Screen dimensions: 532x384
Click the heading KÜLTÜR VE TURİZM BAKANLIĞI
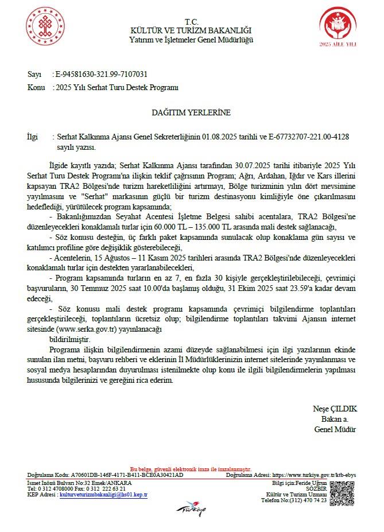[191, 30]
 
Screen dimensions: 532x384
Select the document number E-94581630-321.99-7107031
[100, 74]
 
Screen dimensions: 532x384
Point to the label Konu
[36, 88]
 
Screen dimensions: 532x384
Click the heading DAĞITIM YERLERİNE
[191, 112]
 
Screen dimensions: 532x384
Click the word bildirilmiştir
[70, 340]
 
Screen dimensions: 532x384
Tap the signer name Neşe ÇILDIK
[335, 409]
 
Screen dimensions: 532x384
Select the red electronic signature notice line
[191, 469]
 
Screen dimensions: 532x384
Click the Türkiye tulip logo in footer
[192, 508]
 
